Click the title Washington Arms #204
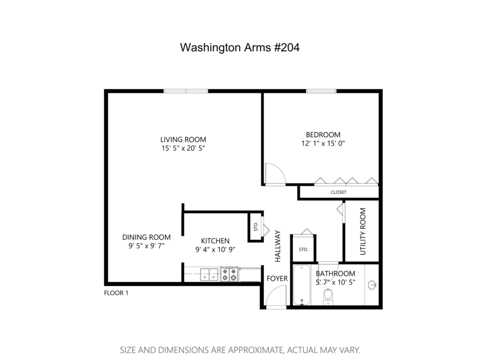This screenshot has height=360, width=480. click(x=239, y=47)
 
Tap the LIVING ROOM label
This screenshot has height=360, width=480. click(x=183, y=140)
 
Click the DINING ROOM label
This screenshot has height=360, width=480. click(x=146, y=237)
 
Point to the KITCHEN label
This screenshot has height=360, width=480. click(x=215, y=241)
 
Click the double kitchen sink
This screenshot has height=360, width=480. click(x=209, y=274)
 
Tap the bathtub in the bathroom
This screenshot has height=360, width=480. click(x=302, y=285)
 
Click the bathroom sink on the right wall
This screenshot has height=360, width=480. click(x=372, y=286)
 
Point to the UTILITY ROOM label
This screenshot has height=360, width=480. click(x=363, y=230)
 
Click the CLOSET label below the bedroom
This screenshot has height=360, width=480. click(x=338, y=192)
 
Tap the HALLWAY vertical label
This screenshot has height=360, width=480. click(x=277, y=245)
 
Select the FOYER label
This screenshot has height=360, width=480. click(x=277, y=278)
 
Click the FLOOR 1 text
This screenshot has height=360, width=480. click(x=116, y=293)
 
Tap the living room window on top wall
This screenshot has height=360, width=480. click(x=186, y=91)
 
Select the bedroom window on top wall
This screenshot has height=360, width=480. click(x=321, y=91)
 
